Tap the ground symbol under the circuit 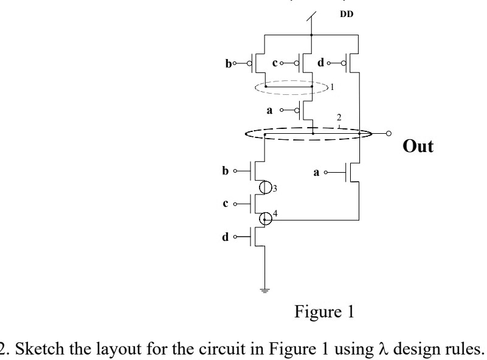(264, 290)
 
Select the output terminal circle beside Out (388, 133)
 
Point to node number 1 (333, 88)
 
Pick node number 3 (275, 190)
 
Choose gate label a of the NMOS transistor (316, 172)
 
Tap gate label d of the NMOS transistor (226, 236)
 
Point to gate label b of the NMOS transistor (226, 172)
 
